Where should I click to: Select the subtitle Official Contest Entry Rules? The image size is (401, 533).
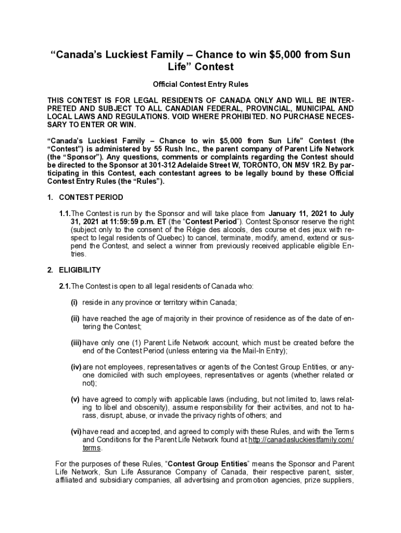(200, 84)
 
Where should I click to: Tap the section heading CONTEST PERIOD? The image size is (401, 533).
(91, 197)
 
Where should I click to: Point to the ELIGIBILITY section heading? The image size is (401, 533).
(80, 270)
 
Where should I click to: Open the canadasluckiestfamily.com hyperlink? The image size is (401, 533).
(301, 440)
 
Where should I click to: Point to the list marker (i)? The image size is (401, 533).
(74, 302)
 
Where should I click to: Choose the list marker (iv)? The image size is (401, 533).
(76, 367)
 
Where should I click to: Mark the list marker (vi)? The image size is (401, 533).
(76, 432)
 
